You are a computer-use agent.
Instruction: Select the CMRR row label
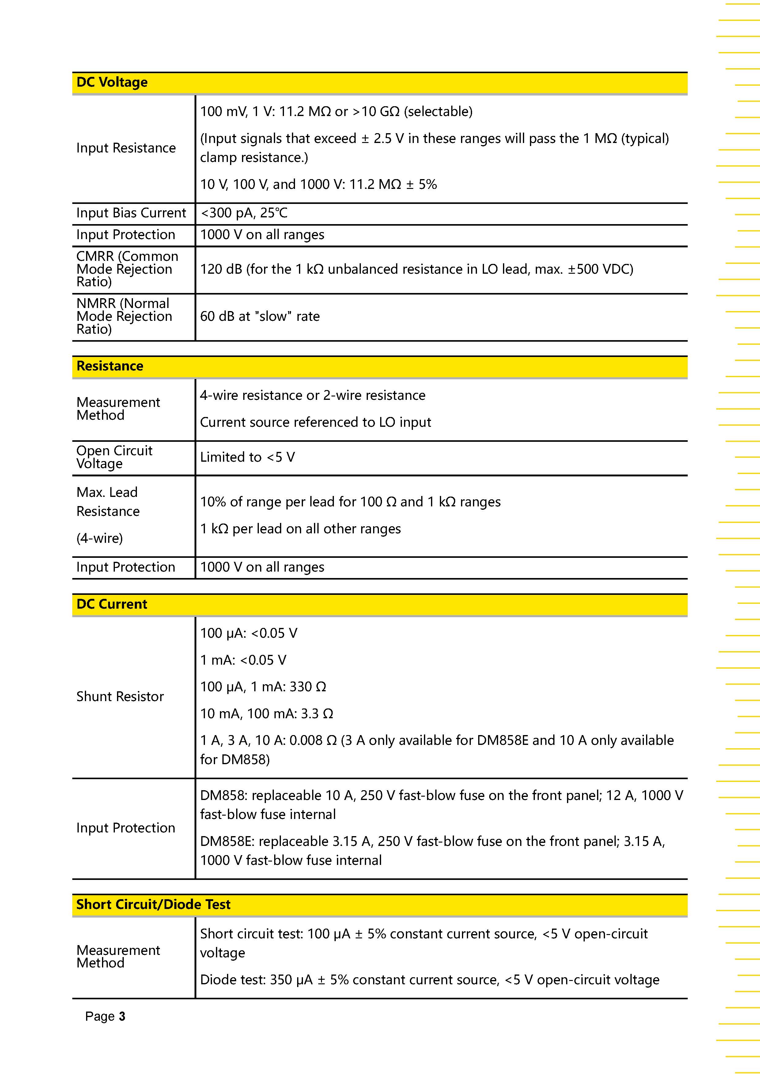pos(127,269)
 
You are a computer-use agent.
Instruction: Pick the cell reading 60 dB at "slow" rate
pos(260,317)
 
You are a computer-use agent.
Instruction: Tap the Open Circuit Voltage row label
pos(114,457)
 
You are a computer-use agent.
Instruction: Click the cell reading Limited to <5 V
pos(247,457)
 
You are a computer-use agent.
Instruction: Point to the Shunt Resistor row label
pos(120,697)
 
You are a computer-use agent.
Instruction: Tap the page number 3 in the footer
pos(122,1016)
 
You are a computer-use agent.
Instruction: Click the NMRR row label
pos(124,317)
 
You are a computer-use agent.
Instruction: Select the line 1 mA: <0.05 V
pos(243,660)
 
